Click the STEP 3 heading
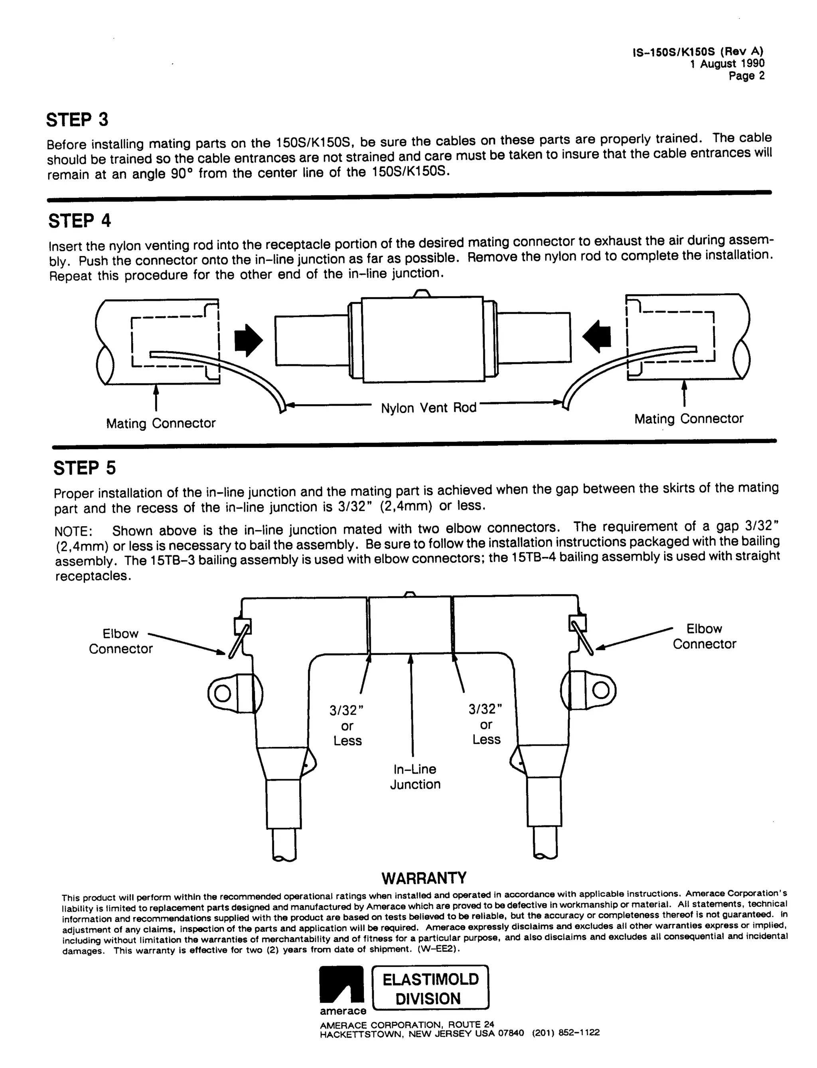click(77, 120)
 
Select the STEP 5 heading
click(85, 468)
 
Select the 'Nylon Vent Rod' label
click(428, 408)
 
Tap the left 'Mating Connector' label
click(160, 423)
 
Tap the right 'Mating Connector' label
click(689, 419)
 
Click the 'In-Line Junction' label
click(415, 777)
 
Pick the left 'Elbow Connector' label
click(120, 641)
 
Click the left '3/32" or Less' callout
click(347, 726)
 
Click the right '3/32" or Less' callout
click(486, 725)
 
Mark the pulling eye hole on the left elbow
click(222, 693)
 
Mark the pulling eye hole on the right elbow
click(601, 690)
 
